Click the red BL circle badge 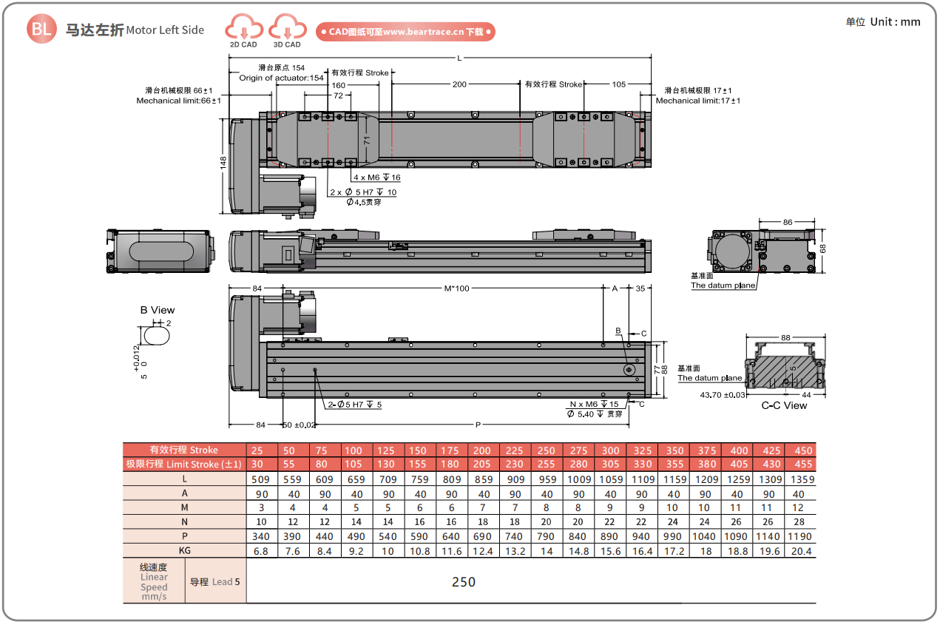[41, 30]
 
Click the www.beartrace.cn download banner [405, 32]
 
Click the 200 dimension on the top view [459, 84]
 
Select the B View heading [158, 310]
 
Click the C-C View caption [785, 405]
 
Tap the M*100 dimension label [456, 288]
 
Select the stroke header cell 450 [802, 450]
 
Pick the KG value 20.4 [802, 551]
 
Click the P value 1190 [802, 536]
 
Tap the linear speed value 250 [464, 582]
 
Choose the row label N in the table [184, 522]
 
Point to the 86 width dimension [788, 222]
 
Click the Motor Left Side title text [165, 30]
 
